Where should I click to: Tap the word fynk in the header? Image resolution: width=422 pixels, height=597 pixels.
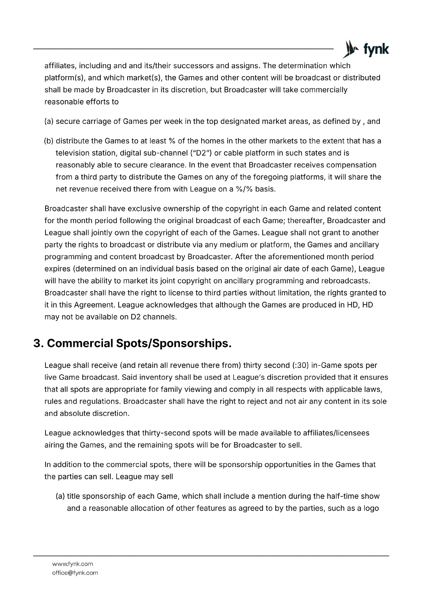(x=376, y=49)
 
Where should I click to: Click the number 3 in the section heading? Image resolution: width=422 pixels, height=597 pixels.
(x=37, y=343)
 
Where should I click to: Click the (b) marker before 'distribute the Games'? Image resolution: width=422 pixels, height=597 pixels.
(x=49, y=141)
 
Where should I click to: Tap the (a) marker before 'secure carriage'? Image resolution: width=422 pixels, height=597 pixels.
(x=49, y=121)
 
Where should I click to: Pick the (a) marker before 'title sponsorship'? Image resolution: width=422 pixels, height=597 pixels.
(x=60, y=496)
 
